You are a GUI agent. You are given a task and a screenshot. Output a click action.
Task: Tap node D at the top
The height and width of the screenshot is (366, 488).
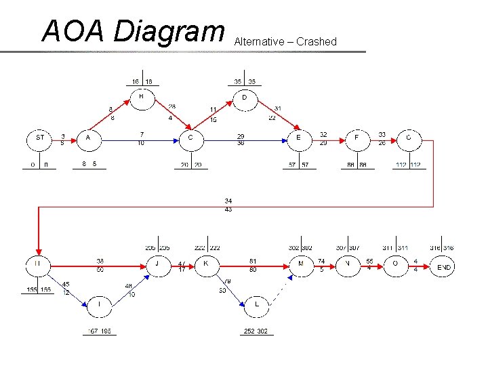245,99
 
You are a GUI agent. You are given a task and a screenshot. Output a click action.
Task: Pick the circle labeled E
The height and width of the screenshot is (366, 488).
298,138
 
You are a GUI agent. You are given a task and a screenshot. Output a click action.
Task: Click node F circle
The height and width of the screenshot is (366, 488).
357,138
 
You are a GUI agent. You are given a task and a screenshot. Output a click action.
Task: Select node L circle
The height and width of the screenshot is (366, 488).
256,305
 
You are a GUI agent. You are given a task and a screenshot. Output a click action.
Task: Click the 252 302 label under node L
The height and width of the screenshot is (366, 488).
256,331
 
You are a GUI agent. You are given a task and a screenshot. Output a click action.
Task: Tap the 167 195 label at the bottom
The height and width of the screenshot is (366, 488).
100,331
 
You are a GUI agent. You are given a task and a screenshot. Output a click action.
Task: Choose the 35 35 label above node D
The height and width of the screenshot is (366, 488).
245,82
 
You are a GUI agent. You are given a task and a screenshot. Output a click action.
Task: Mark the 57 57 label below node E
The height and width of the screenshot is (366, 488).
299,165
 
